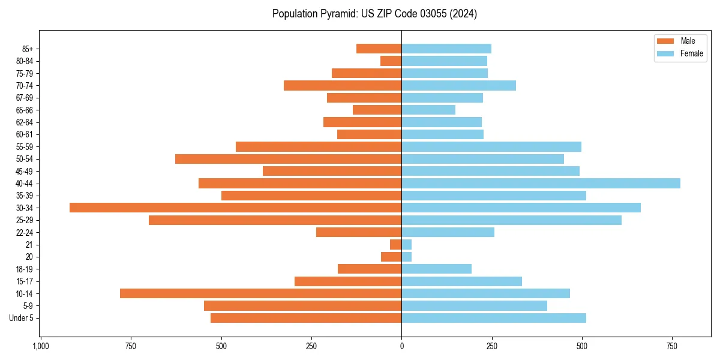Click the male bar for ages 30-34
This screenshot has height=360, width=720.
235,208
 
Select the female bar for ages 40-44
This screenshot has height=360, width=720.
541,183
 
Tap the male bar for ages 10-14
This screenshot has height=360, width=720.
260,293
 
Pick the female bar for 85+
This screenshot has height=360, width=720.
446,49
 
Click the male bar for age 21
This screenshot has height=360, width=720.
395,245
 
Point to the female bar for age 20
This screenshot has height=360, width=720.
407,257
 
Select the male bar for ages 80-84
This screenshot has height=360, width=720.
391,61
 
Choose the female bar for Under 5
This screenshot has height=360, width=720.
494,318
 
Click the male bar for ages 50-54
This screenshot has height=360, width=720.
288,159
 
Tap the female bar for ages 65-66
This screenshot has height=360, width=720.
428,110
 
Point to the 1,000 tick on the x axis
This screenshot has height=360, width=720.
40,347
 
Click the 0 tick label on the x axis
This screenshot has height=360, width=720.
401,347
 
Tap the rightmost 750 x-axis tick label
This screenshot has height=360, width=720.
672,347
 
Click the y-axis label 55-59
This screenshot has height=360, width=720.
25,147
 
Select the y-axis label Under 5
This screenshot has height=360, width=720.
21,318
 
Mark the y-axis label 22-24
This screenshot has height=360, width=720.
25,232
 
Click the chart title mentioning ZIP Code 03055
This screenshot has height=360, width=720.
374,14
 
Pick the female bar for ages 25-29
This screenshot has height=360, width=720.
511,220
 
